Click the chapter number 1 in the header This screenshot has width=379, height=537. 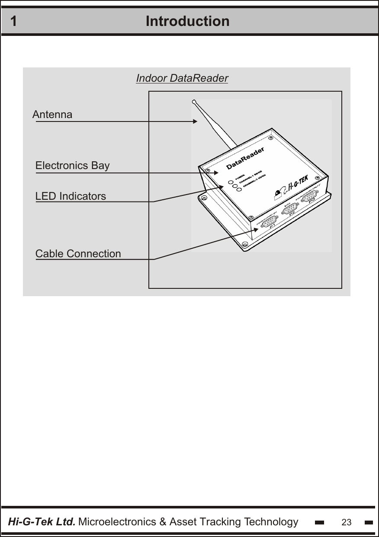coord(14,21)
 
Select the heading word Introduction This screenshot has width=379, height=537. coord(187,21)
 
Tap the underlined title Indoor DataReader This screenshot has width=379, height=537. coord(182,78)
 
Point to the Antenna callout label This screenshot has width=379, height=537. coord(52,115)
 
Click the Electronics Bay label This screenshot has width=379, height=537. coord(72,166)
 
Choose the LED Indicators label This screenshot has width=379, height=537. coord(71,196)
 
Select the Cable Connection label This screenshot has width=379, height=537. coord(78,254)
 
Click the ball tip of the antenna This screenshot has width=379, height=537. coord(194,102)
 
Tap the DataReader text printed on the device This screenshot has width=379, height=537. coord(245,158)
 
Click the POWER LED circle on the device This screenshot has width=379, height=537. coord(231,182)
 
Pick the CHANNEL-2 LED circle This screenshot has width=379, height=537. coord(239,190)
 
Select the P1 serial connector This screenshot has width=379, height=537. coord(270,220)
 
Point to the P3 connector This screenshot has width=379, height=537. coord(309,198)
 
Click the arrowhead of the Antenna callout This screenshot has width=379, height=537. coord(195,121)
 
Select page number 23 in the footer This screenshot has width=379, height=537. coord(346,522)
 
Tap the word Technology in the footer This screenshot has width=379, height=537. coord(271,522)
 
